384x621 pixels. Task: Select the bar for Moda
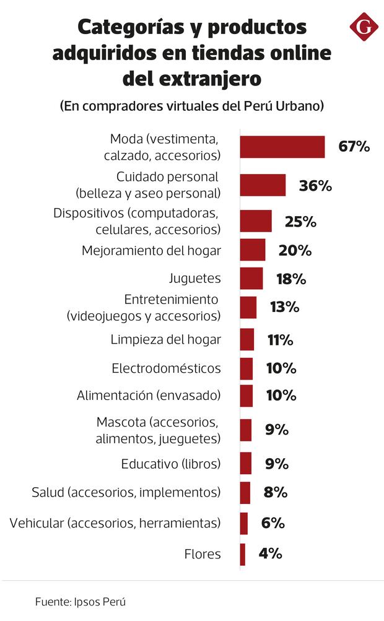tap(282, 147)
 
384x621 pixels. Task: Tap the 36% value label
tap(315, 186)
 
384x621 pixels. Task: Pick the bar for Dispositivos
tap(256, 221)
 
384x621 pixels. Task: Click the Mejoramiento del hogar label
tap(151, 251)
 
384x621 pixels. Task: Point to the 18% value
tap(291, 279)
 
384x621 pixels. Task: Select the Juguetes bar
tap(251, 279)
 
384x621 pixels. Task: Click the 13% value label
tap(284, 307)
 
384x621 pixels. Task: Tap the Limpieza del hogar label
tap(165, 340)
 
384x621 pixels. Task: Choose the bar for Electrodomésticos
tap(247, 368)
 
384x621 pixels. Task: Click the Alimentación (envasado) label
tap(149, 395)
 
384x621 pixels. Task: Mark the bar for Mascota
tap(246, 430)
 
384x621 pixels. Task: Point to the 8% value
tap(276, 492)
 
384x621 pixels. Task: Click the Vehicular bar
tap(244, 523)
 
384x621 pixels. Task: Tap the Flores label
tap(203, 554)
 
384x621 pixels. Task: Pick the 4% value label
tap(270, 554)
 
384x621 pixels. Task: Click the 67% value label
tap(354, 147)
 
